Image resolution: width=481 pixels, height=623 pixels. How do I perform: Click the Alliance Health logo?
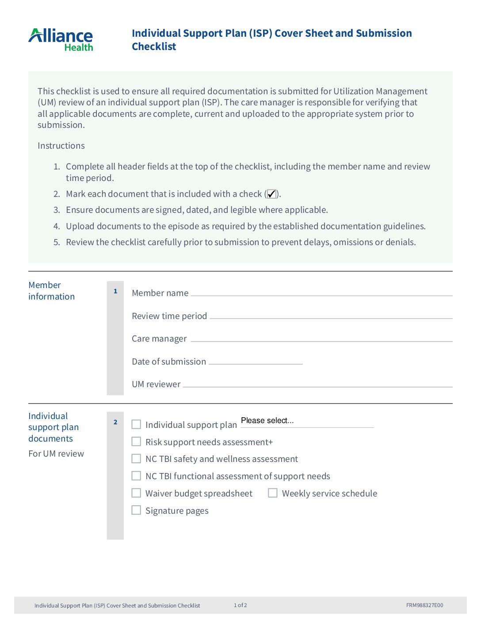point(61,40)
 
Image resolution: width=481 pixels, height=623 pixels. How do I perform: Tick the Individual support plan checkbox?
point(137,424)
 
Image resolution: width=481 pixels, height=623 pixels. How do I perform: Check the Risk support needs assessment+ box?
point(137,442)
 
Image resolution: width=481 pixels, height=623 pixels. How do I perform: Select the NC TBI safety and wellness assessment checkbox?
point(137,459)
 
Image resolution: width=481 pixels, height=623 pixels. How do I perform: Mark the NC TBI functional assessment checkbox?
point(137,476)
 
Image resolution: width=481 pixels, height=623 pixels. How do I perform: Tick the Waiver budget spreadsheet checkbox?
point(137,493)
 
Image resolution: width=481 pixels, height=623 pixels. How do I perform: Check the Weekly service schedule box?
point(273,493)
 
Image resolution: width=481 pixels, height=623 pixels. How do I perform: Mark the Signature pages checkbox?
point(137,510)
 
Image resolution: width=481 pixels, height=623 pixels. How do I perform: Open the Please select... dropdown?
point(307,421)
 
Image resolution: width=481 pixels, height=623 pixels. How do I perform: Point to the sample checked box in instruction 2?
point(271,194)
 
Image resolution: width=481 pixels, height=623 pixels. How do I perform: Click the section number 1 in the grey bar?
point(115,291)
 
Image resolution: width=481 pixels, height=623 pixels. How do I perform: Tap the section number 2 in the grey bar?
point(115,422)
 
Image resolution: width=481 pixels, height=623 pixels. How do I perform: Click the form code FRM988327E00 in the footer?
point(424,605)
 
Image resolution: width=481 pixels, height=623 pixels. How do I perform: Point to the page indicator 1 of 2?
point(240,605)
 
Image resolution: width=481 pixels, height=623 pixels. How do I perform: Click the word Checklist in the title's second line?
point(154,46)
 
